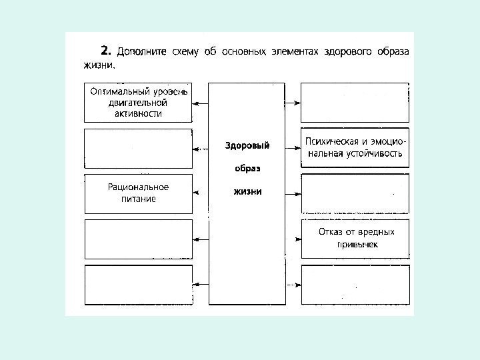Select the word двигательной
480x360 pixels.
(x=138, y=103)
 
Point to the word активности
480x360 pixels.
(x=138, y=113)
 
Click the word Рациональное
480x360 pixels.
(x=138, y=187)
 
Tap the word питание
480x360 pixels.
(x=138, y=199)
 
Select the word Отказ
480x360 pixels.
(x=329, y=233)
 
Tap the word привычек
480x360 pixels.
(x=357, y=245)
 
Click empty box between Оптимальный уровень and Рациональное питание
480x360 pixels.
(x=138, y=148)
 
